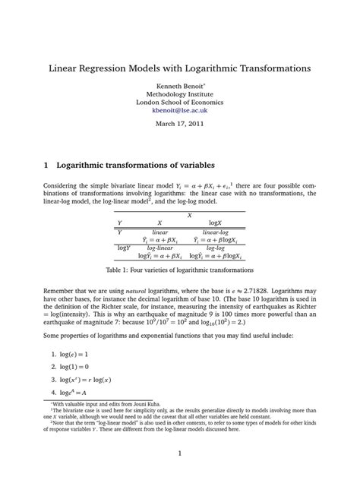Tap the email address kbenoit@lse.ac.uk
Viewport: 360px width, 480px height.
(x=180, y=110)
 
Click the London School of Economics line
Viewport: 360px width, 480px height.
(x=180, y=110)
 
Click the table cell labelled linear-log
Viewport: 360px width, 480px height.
(x=215, y=232)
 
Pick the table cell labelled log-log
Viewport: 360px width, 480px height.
(x=215, y=248)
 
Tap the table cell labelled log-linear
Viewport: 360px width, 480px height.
(x=159, y=248)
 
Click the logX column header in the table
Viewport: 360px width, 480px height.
(x=215, y=223)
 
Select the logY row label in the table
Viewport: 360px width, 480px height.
(x=123, y=248)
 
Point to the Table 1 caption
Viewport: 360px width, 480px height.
(x=180, y=270)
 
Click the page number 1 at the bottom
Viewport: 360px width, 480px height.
(x=180, y=455)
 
